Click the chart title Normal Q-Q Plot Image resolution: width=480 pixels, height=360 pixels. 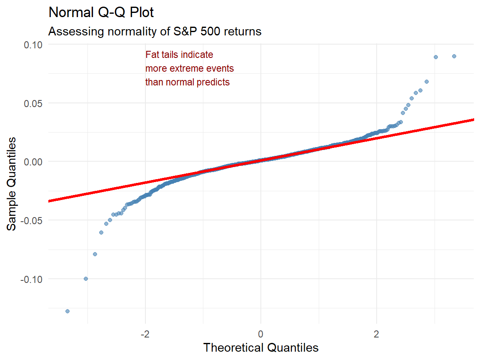pos(101,13)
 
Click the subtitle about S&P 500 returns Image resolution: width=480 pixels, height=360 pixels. pos(155,31)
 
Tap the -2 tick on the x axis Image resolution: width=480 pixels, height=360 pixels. pos(145,334)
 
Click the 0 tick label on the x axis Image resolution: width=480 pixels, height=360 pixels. pos(261,334)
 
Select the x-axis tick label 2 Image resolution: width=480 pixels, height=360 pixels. pos(377,334)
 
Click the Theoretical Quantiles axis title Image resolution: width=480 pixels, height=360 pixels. pos(261,347)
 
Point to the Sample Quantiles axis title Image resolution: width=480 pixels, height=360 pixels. pos(12,183)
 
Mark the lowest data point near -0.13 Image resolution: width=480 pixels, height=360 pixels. pos(67,311)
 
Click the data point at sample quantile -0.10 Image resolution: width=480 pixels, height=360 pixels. pos(86,279)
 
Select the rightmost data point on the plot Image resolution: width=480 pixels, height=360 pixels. pos(454,56)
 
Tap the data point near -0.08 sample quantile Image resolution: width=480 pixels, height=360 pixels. pos(95,254)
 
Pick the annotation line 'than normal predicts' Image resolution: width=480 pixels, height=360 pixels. pos(187,82)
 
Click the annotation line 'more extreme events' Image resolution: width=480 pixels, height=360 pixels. pos(190,68)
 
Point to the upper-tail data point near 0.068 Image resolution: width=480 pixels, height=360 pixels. pos(427,82)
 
